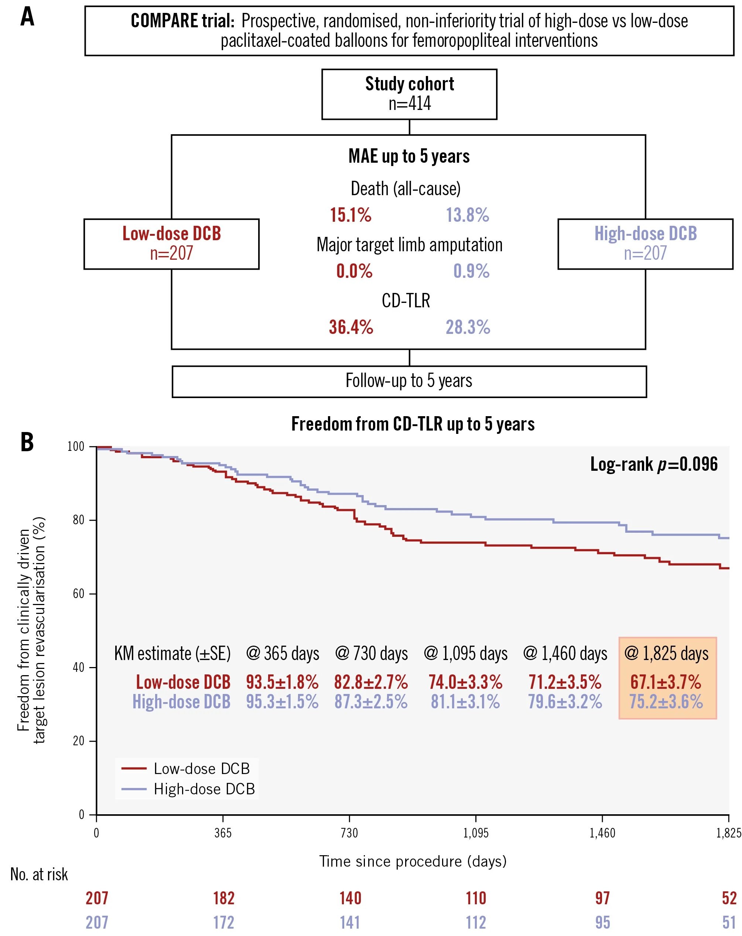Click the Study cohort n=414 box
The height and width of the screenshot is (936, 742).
click(x=409, y=94)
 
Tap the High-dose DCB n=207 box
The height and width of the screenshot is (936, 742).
click(x=645, y=244)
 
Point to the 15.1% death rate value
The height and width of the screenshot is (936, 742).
click(x=351, y=215)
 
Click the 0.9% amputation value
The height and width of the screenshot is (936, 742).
click(x=471, y=271)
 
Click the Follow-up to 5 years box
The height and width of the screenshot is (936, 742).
click(x=409, y=381)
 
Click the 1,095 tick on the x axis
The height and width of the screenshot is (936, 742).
click(x=476, y=833)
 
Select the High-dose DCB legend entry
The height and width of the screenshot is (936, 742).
click(x=204, y=788)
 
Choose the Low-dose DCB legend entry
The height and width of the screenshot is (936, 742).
click(x=202, y=769)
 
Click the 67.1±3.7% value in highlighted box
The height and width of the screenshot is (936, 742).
click(x=666, y=682)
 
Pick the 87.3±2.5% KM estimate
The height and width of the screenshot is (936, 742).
click(x=370, y=702)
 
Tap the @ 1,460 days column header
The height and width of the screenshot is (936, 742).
click(x=565, y=653)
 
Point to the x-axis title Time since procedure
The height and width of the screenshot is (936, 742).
click(x=413, y=861)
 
